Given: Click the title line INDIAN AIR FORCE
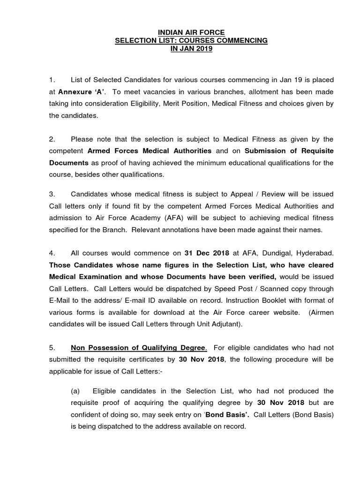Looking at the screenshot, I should (x=191, y=32).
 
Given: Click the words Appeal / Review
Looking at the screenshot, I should (x=235, y=194).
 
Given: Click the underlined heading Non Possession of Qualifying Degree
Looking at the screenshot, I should (x=138, y=347).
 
